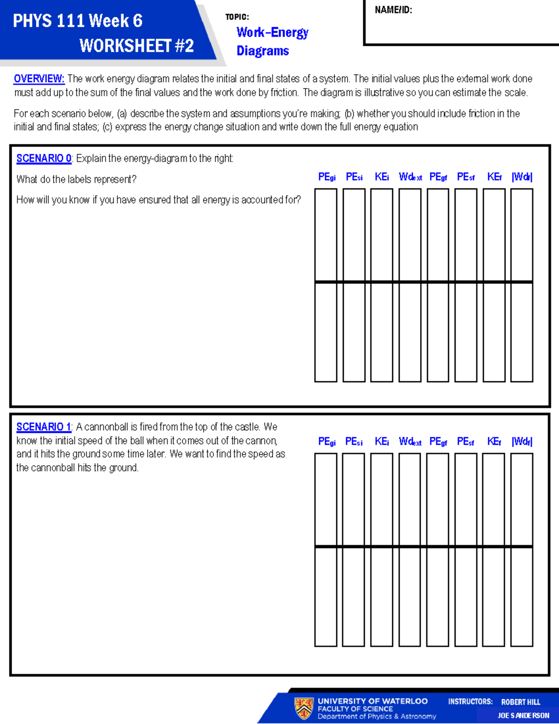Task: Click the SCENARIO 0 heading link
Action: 44,159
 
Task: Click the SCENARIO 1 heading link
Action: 44,427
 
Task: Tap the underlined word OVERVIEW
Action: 39,79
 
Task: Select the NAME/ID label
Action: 394,10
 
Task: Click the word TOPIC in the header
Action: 237,17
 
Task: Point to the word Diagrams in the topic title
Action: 263,51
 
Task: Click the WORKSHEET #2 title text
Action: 136,46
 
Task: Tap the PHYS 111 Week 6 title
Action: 78,21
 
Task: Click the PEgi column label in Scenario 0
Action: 327,177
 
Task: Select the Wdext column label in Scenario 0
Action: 410,177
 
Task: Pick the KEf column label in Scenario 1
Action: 494,441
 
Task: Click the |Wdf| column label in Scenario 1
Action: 522,441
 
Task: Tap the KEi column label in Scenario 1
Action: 382,441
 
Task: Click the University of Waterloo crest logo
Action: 304,708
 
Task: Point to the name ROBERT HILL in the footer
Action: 521,702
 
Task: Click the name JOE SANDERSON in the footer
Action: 523,716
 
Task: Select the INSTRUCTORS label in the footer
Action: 470,702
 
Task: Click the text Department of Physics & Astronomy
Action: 377,717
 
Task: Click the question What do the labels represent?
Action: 76,179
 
